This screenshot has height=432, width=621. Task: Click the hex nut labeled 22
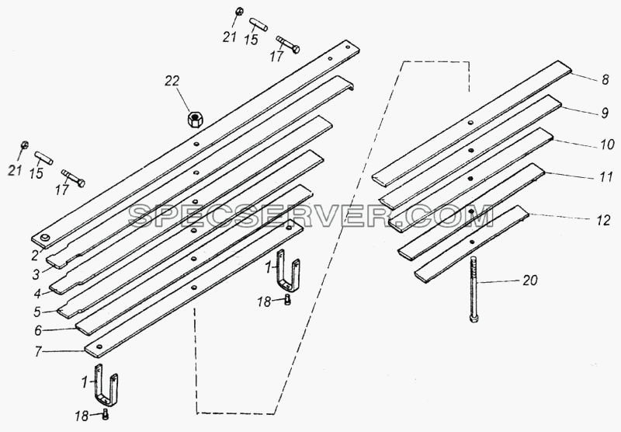(x=196, y=119)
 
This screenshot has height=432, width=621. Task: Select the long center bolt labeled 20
(x=474, y=289)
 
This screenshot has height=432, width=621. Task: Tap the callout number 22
(x=172, y=81)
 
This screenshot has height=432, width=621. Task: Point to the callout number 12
(x=604, y=221)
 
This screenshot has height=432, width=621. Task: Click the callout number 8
(x=605, y=80)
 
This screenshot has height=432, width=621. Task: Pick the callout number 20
(x=530, y=280)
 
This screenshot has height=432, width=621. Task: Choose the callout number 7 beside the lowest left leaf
(x=38, y=351)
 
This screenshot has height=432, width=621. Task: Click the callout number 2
(x=35, y=256)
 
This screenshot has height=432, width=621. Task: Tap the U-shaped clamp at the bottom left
(x=106, y=385)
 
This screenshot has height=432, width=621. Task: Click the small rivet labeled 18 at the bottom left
(x=106, y=414)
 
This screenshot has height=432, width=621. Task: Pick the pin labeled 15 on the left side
(x=43, y=158)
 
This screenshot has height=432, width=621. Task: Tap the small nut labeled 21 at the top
(x=239, y=12)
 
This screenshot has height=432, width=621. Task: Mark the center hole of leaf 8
(x=470, y=123)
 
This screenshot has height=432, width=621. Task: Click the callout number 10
(x=607, y=145)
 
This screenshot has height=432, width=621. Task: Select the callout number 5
(x=37, y=312)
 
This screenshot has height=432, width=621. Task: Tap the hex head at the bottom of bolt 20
(x=474, y=319)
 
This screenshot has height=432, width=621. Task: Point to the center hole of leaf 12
(x=472, y=242)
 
